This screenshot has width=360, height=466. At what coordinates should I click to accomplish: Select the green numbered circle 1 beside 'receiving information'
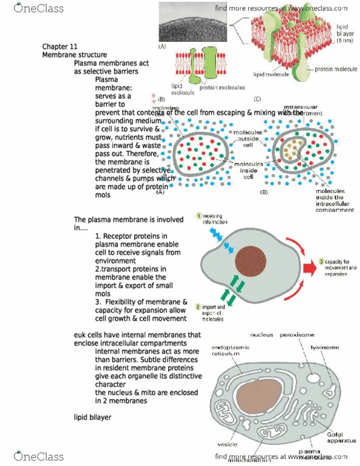[198, 215]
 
